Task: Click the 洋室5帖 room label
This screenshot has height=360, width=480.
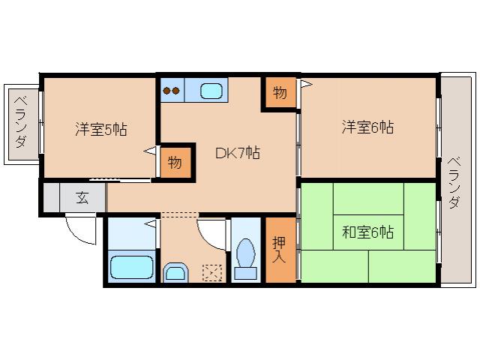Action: click(100, 129)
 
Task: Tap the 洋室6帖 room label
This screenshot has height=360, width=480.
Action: click(367, 127)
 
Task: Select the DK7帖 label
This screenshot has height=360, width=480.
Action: click(237, 153)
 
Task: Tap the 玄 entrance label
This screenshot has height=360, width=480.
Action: click(80, 199)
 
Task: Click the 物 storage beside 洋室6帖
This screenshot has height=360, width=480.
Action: click(280, 94)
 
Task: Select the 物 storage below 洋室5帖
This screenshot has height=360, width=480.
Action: click(174, 161)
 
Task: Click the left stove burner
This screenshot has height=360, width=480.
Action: click(168, 91)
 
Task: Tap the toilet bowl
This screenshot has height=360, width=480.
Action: click(244, 252)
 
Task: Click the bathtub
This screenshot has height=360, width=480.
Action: click(131, 266)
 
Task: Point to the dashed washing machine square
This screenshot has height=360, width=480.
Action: click(213, 272)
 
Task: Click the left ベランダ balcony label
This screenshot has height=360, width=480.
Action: click(22, 122)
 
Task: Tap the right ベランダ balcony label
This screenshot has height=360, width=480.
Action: click(454, 181)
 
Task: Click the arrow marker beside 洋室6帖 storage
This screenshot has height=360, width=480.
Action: click(304, 85)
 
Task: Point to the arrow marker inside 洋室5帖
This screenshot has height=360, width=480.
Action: click(150, 151)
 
